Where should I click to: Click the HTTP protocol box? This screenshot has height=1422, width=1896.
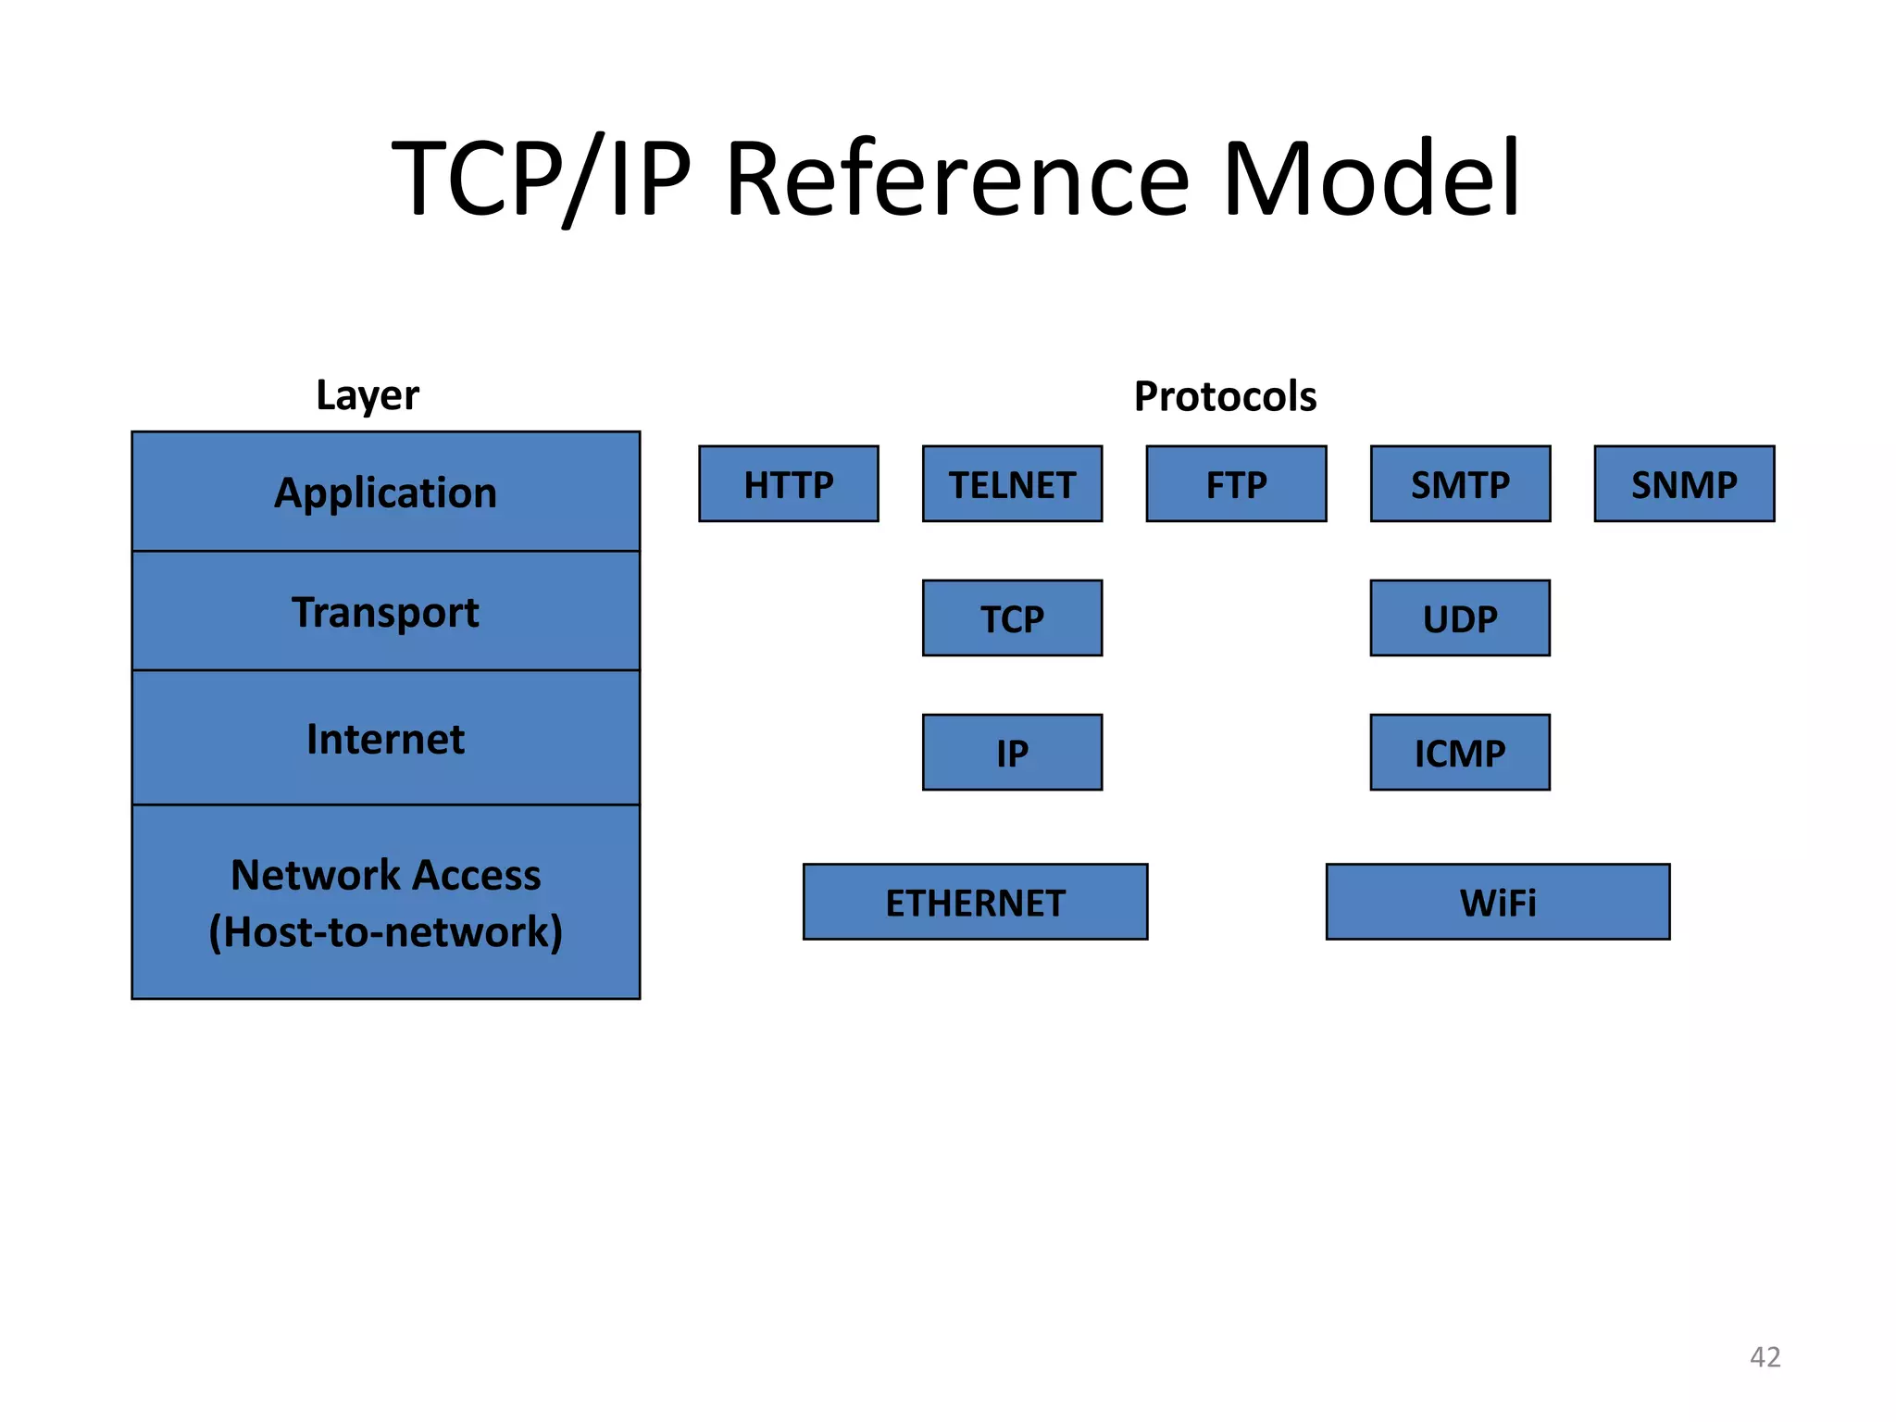(x=789, y=484)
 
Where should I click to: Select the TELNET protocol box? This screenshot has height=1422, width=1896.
(x=1012, y=484)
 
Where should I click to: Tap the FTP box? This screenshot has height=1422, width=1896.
(x=1236, y=484)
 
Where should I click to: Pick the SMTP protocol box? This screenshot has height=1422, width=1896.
(x=1460, y=484)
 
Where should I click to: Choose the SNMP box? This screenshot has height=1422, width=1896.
(x=1684, y=484)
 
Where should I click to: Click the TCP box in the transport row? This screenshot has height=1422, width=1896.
(x=1012, y=618)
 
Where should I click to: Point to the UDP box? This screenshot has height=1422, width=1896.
(x=1460, y=618)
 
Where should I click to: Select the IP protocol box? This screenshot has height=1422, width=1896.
(x=1012, y=753)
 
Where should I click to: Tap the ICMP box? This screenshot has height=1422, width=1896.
(x=1460, y=753)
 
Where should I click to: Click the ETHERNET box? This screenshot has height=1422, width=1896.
(x=975, y=902)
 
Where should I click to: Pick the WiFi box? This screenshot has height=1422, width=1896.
(x=1498, y=902)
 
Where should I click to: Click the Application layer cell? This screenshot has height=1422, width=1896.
(x=386, y=492)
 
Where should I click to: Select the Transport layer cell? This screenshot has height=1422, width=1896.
(x=386, y=612)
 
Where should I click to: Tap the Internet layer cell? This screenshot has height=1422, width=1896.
(x=386, y=739)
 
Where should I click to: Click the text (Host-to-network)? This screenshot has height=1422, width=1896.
(x=386, y=931)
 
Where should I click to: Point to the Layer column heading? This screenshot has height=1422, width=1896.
(x=368, y=395)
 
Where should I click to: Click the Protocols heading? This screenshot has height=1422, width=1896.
(x=1225, y=396)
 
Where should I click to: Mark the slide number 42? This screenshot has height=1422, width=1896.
(x=1765, y=1356)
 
